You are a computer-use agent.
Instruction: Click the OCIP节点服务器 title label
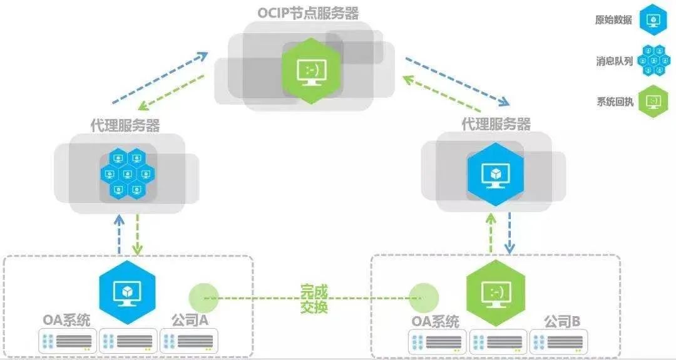308,13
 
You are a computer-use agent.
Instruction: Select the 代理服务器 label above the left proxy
125,125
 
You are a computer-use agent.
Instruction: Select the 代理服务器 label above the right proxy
496,124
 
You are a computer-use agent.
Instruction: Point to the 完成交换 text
314,299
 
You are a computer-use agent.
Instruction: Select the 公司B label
561,322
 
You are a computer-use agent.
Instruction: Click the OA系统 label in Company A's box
66,321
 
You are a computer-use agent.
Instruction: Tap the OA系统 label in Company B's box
435,322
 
